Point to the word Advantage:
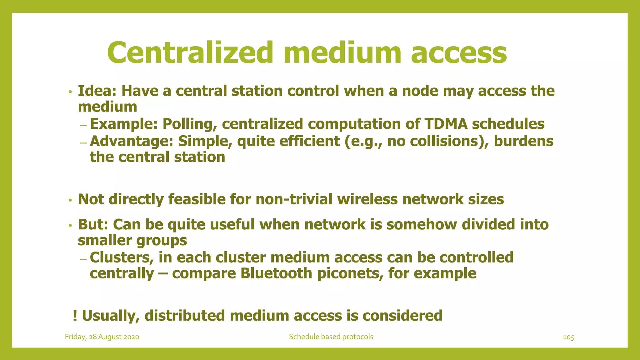(131, 141)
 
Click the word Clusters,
(122, 257)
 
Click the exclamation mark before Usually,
(75, 315)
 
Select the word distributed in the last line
(184, 315)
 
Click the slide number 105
(568, 337)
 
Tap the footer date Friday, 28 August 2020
(102, 337)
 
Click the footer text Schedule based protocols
(331, 337)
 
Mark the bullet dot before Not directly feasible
(71, 200)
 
